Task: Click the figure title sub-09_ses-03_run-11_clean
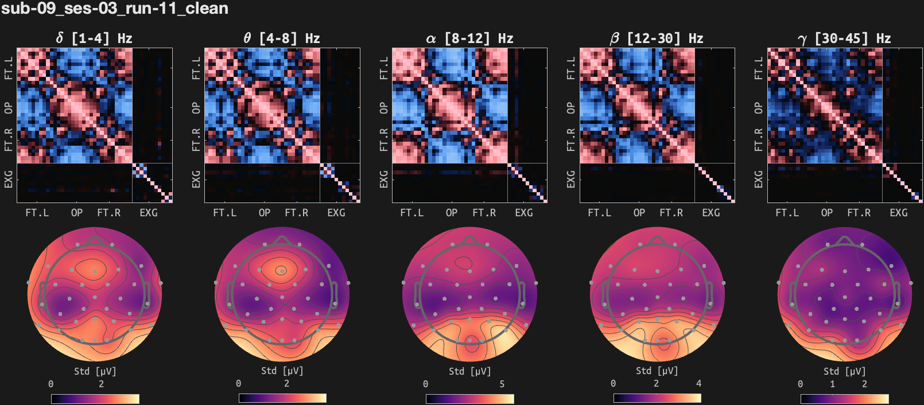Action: [x=115, y=9]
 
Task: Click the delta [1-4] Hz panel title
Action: [x=94, y=38]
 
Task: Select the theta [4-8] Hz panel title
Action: [x=281, y=38]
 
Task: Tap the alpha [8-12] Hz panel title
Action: [x=469, y=38]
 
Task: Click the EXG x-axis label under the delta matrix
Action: [x=149, y=213]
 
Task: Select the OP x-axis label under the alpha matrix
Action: [x=452, y=213]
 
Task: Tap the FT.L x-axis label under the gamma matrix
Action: [x=787, y=213]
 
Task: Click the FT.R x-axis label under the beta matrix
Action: [x=671, y=213]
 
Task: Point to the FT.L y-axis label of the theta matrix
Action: [x=196, y=68]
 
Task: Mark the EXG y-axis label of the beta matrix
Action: [x=571, y=179]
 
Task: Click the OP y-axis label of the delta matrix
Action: [x=9, y=108]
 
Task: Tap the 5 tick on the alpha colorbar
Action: [x=502, y=384]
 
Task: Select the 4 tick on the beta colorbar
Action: [x=698, y=384]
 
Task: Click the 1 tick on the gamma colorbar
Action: [x=832, y=384]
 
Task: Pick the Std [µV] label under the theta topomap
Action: [x=281, y=371]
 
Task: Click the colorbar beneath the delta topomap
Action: [x=95, y=399]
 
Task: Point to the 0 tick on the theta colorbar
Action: [x=239, y=384]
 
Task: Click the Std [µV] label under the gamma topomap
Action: [x=844, y=371]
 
